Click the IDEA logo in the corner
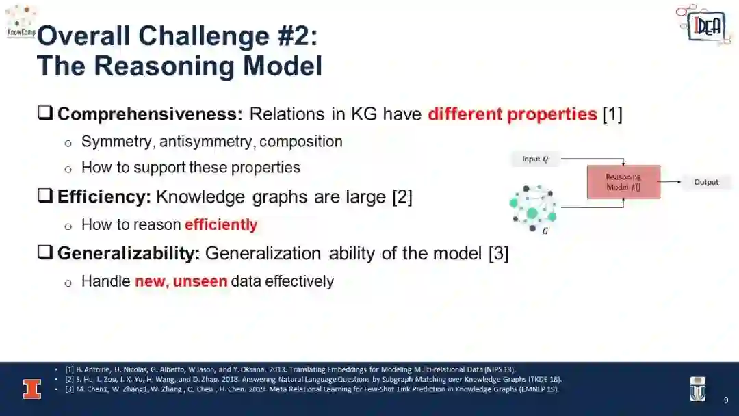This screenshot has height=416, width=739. (x=703, y=25)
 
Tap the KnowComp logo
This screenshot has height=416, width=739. (x=21, y=21)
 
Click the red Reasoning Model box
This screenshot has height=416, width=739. (x=623, y=182)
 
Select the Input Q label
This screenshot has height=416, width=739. (x=535, y=159)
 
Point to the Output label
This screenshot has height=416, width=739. (x=706, y=182)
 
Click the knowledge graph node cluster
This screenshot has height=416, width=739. (x=533, y=209)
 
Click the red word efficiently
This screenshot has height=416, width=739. (x=221, y=224)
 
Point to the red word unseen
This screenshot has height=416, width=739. (x=200, y=281)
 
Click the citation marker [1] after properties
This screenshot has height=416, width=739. (x=612, y=114)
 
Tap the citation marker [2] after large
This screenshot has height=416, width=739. (x=402, y=197)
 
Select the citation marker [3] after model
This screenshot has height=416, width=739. (x=499, y=253)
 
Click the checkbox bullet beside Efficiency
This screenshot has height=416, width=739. (x=45, y=196)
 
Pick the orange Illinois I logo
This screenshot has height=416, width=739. (x=32, y=389)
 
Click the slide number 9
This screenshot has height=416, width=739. (x=726, y=400)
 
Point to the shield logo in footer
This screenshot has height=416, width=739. (x=697, y=389)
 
